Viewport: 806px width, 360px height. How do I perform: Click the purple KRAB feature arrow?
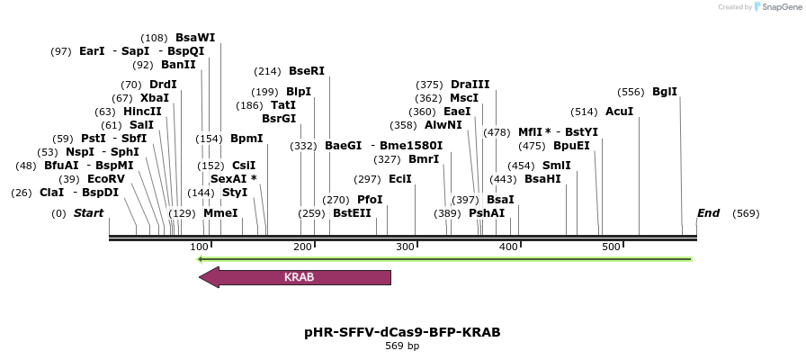point(297,277)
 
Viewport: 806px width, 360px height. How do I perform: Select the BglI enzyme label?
point(665,92)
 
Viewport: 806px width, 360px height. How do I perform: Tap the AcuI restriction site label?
point(619,112)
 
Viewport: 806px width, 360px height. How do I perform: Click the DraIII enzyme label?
point(470,85)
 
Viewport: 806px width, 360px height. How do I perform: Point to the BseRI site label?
point(307,71)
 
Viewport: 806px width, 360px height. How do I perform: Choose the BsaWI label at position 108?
point(195,38)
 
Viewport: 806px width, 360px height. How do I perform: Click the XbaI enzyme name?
point(155,98)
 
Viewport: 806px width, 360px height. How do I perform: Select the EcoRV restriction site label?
point(106,179)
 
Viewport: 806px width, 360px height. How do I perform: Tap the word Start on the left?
point(89,213)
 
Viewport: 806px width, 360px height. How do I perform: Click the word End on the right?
point(709,213)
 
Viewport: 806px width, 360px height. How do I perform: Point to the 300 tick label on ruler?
point(406,247)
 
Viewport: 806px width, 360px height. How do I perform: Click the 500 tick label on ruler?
point(611,247)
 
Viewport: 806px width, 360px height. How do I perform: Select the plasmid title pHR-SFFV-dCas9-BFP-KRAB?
point(402,332)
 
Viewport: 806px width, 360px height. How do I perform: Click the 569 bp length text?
point(402,346)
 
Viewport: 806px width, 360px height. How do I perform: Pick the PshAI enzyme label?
point(487,213)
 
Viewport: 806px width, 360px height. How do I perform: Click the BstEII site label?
point(352,213)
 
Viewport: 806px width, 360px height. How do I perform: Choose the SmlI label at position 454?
point(557,166)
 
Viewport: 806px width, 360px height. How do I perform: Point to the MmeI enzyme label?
point(220,213)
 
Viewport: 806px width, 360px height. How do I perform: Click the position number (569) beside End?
point(747,213)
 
